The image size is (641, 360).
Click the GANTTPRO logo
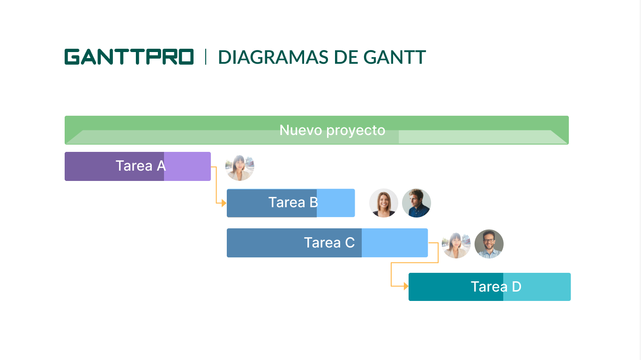click(x=129, y=57)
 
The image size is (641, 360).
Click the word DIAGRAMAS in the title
click(x=273, y=57)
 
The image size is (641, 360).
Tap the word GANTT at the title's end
click(x=395, y=57)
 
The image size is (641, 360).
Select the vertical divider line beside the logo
click(x=205, y=57)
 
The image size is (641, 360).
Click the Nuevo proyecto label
click(x=332, y=130)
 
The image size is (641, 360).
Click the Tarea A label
click(x=141, y=165)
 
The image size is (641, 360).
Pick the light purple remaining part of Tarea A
click(x=187, y=166)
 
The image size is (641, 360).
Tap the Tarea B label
click(x=293, y=202)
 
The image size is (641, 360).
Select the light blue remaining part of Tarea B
click(x=335, y=203)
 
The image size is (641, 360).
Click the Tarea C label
click(x=329, y=243)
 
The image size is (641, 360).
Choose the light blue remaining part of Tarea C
click(x=395, y=243)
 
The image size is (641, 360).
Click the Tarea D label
click(x=496, y=287)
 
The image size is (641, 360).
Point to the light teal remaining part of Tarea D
click(x=537, y=287)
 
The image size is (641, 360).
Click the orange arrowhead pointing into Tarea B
click(x=224, y=203)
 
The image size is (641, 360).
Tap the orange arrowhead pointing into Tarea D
click(x=406, y=286)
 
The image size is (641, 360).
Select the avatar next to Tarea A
click(x=240, y=168)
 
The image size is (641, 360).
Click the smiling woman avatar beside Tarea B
click(x=384, y=203)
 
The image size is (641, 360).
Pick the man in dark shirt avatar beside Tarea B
click(x=417, y=203)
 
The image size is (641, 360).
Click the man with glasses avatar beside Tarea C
click(x=489, y=244)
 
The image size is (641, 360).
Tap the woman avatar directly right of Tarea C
click(x=456, y=245)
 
